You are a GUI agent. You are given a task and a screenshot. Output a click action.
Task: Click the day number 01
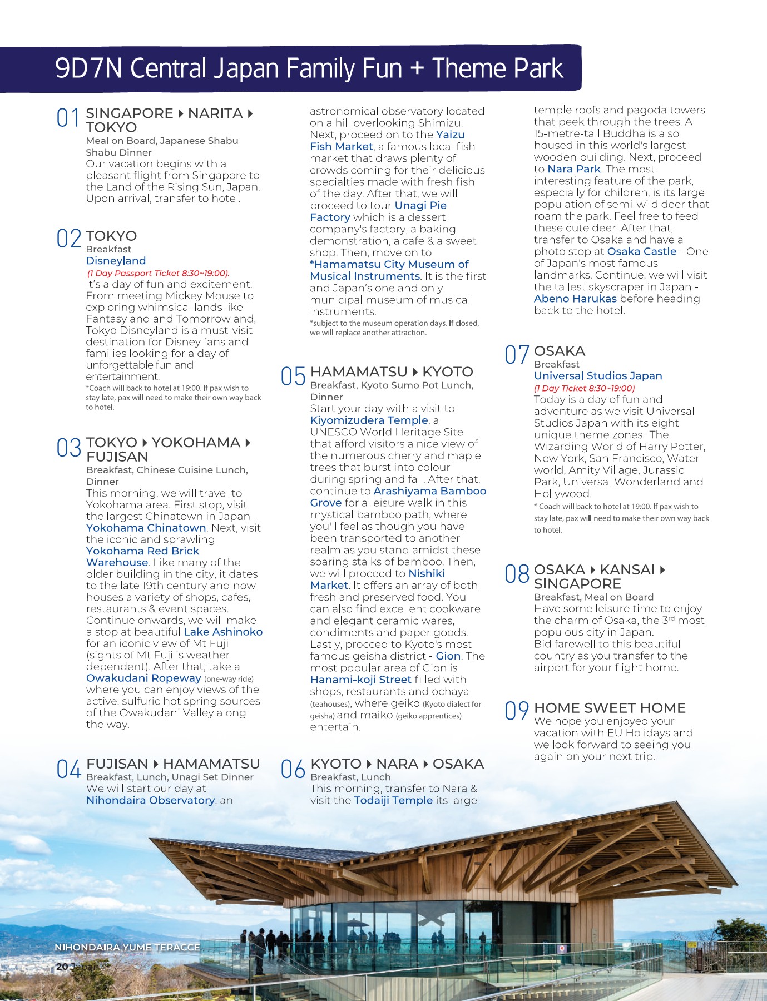tap(68, 118)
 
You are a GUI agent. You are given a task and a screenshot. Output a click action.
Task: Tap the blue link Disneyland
tap(116, 261)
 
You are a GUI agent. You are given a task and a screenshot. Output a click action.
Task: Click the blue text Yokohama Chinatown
tap(146, 528)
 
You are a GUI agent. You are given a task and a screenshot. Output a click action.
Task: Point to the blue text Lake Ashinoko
tap(223, 632)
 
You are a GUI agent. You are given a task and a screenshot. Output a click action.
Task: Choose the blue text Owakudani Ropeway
tap(143, 678)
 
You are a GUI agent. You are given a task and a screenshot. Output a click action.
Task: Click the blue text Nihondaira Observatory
tap(150, 800)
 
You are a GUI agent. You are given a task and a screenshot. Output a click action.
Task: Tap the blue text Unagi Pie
tap(420, 205)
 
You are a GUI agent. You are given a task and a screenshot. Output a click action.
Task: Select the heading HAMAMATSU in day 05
tap(359, 372)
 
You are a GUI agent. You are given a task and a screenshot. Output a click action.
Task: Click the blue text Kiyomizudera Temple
tap(369, 420)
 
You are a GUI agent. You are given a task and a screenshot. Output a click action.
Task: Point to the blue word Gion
tap(448, 656)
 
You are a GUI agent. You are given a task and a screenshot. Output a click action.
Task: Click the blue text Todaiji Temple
tap(393, 800)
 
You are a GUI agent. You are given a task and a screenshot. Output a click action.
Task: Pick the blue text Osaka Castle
tap(642, 251)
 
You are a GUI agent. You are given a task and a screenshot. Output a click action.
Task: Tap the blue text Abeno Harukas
tap(575, 299)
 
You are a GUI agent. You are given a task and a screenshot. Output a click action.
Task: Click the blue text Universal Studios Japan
tap(598, 376)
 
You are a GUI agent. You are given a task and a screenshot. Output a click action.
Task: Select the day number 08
tap(517, 574)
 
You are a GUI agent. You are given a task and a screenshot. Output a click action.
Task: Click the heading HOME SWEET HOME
tap(610, 708)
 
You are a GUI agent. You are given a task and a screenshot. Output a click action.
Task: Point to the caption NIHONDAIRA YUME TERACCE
tap(127, 947)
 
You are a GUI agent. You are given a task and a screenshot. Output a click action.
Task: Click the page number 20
tap(62, 967)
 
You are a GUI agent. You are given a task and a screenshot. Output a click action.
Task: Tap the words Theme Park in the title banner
tap(498, 69)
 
